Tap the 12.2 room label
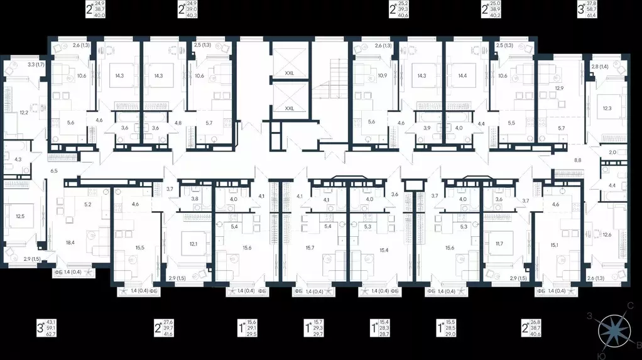[x=24, y=112]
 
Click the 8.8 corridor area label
[x=578, y=160]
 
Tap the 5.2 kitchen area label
[x=88, y=205]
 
